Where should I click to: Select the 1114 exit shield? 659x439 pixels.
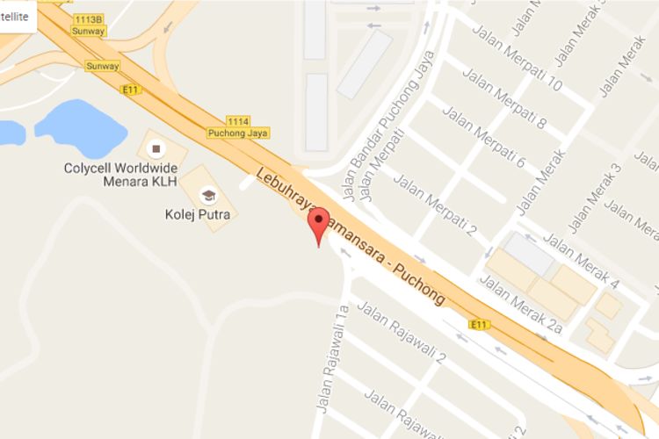coord(238,120)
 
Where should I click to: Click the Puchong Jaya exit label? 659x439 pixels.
coord(238,133)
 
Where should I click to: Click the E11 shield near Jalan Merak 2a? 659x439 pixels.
coord(479,325)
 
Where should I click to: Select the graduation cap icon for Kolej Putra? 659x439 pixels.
coord(208,194)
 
